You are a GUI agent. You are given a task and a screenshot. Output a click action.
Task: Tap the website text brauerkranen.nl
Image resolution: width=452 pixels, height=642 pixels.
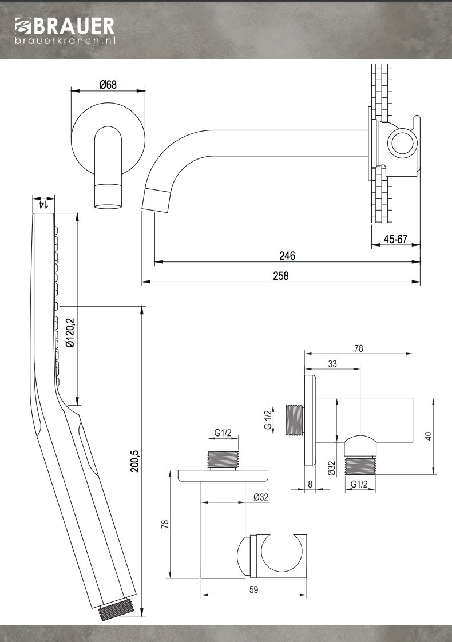click(65, 41)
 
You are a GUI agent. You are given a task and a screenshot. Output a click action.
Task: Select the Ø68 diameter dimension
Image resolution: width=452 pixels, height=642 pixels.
click(108, 85)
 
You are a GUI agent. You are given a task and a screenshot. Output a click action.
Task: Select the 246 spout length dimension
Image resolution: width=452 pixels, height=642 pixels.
click(287, 256)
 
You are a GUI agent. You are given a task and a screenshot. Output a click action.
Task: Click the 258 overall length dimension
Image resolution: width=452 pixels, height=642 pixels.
click(281, 275)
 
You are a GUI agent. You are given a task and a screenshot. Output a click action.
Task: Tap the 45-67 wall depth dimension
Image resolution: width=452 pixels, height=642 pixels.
click(395, 239)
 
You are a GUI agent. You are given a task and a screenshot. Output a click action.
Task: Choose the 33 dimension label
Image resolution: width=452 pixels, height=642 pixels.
click(332, 363)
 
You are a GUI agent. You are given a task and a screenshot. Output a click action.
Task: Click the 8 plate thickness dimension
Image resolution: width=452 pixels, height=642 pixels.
click(310, 484)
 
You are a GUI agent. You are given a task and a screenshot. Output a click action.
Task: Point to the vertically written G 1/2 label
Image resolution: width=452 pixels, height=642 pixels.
click(268, 419)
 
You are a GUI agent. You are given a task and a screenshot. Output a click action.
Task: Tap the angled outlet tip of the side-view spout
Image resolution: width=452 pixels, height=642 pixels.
click(156, 200)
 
